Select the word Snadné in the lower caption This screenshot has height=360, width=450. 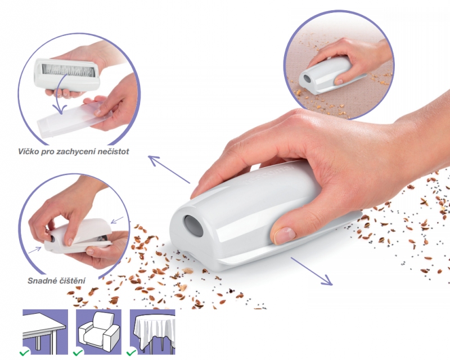(x=40, y=281)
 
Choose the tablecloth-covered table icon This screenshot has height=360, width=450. (x=152, y=332)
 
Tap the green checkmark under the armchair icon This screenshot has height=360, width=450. (x=78, y=353)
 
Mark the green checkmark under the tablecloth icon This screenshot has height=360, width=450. (x=132, y=353)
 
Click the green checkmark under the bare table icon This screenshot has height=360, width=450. (x=24, y=353)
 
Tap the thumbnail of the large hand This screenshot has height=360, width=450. (x=283, y=234)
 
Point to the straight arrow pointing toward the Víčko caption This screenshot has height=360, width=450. (x=169, y=169)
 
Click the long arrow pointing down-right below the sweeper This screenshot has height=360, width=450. (x=312, y=271)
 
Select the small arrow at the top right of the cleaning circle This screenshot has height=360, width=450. (x=116, y=220)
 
